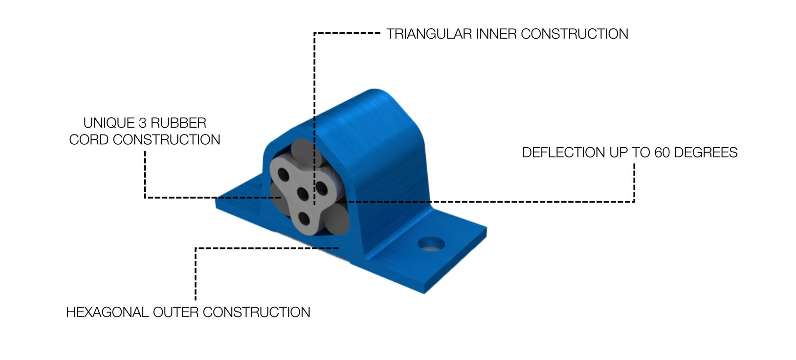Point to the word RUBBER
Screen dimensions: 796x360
pos(178,123)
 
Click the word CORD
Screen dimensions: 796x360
pos(89,140)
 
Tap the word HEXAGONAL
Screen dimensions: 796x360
pos(107,313)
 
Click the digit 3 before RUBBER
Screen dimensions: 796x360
pos(142,123)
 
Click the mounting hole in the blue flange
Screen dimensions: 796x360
pos(431,244)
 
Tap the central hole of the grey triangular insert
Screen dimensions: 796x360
pos(303,195)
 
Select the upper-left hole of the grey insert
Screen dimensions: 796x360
pos(283,175)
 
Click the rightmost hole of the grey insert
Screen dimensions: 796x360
pos(322,188)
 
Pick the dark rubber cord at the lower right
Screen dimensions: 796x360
pos(338,219)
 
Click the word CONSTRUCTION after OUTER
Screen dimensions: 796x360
pos(257,313)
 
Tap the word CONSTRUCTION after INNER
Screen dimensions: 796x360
pos(575,34)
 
